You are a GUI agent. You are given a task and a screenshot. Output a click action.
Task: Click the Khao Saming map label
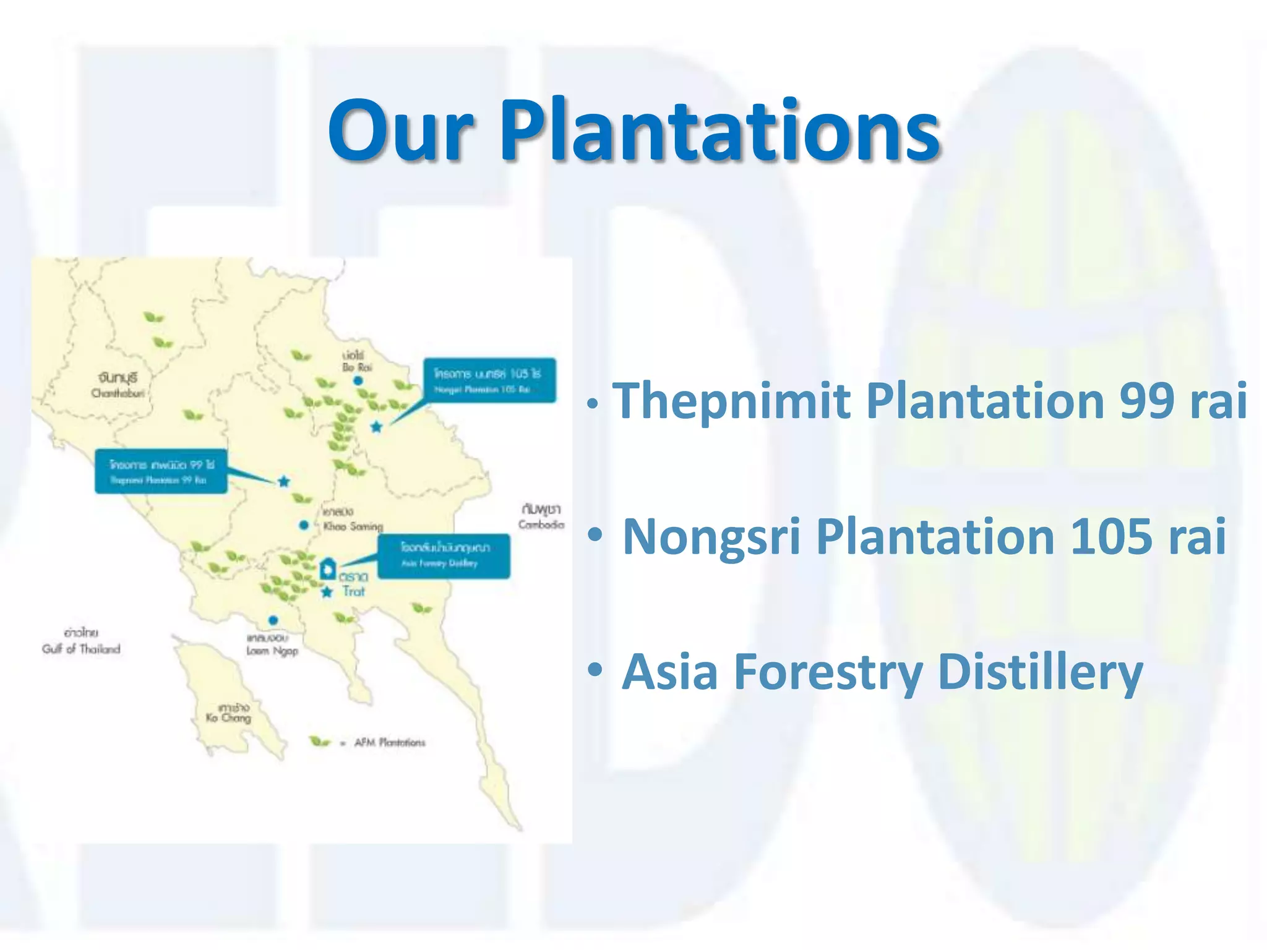(x=353, y=526)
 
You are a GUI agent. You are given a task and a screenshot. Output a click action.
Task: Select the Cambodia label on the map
(x=541, y=524)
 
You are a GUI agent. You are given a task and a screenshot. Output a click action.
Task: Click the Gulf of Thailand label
(x=81, y=649)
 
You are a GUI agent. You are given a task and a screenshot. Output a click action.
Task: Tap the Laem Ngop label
(x=272, y=650)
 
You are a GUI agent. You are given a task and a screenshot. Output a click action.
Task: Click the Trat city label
(x=354, y=591)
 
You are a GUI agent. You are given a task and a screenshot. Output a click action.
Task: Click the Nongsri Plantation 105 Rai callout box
(x=489, y=380)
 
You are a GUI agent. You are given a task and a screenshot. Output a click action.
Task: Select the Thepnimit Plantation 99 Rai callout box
(x=161, y=471)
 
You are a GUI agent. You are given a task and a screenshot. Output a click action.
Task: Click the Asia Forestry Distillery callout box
(x=444, y=556)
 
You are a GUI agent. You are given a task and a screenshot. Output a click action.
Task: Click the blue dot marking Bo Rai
(x=358, y=381)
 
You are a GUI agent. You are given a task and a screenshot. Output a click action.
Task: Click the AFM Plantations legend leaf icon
(x=320, y=742)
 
